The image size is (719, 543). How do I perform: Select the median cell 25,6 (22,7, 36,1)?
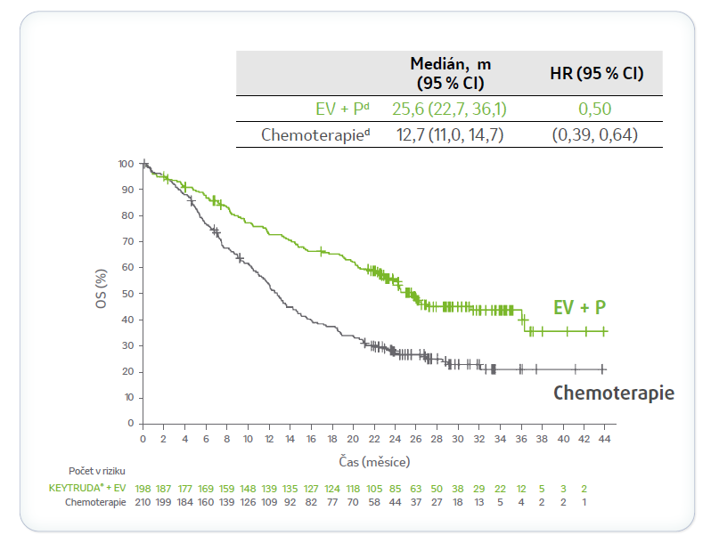click(x=450, y=109)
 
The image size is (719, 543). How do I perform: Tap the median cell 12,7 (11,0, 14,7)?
click(x=450, y=135)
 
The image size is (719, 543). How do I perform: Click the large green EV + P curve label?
click(x=579, y=308)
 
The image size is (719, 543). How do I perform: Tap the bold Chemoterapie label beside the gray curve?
click(x=614, y=393)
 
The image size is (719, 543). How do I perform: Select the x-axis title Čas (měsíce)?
click(x=374, y=461)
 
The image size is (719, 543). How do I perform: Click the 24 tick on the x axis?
click(x=396, y=441)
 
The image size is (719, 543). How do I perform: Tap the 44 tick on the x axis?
click(x=606, y=441)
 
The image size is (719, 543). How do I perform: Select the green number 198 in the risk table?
click(x=143, y=489)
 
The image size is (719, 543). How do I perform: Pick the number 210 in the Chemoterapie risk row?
click(x=143, y=502)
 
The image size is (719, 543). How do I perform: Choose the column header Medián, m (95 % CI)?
click(x=450, y=73)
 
